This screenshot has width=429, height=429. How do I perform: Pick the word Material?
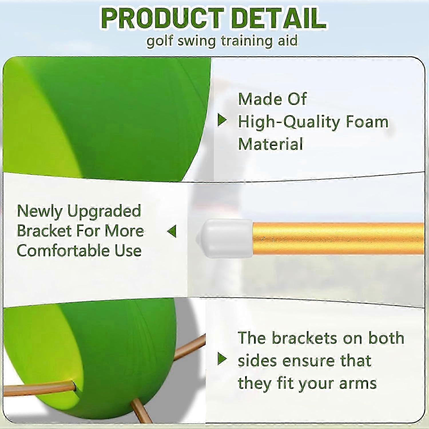tap(270, 144)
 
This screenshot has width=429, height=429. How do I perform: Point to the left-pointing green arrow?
tap(172, 231)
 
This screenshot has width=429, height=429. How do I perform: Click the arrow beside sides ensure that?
tap(222, 359)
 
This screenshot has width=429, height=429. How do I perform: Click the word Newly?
tap(39, 212)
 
